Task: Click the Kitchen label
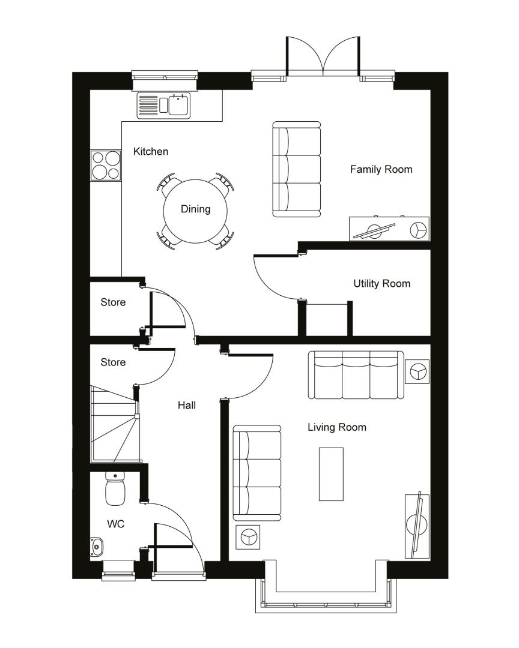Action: (151, 152)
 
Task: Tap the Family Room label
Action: (381, 169)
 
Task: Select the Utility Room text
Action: (381, 283)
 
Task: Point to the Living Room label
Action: (337, 427)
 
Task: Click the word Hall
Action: (187, 406)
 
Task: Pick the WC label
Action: (115, 524)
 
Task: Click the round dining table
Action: (195, 211)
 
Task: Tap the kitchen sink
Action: (164, 106)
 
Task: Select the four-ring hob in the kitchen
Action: (106, 166)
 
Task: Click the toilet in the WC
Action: (115, 488)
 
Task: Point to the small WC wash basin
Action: (97, 547)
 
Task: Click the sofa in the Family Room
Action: (297, 169)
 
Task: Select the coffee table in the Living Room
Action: (331, 474)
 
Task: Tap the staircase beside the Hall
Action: (115, 424)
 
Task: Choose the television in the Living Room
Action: (416, 524)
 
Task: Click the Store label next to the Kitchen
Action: (113, 302)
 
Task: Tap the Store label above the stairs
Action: (113, 362)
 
